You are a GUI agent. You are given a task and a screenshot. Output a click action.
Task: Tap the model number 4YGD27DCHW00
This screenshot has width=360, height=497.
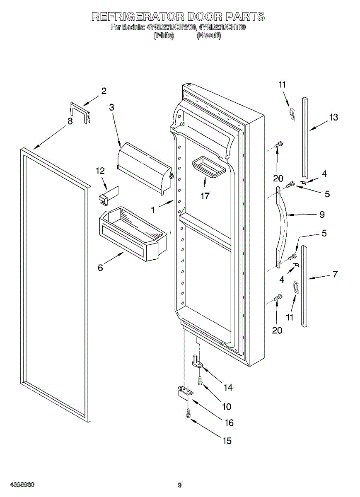171,28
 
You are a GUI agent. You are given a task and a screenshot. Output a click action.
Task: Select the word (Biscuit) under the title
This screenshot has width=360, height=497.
209,36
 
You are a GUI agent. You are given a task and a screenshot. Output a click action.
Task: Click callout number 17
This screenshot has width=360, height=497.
205,196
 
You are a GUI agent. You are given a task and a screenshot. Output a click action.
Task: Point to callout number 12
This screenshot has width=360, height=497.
100,171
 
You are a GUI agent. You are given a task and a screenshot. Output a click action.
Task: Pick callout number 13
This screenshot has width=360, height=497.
333,117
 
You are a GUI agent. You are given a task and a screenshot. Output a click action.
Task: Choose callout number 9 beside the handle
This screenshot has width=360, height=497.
321,215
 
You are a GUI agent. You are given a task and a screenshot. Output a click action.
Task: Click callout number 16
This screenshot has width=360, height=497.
229,422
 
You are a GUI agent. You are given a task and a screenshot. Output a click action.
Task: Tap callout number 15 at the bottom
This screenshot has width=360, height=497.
227,441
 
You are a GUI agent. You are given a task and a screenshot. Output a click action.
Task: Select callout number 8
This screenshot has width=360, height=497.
70,121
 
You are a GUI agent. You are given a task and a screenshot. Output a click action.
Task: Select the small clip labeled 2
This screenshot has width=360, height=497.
80,112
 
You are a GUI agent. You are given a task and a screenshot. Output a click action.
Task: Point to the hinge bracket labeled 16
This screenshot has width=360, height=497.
184,391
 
